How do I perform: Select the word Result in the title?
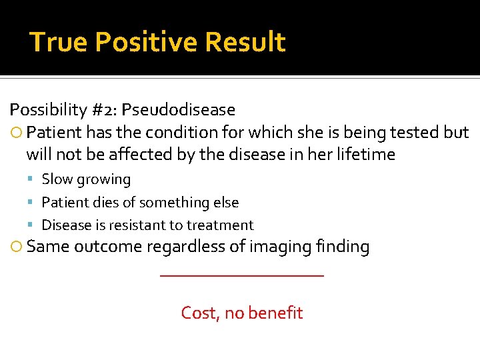(x=245, y=42)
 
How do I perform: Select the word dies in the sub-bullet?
(x=109, y=202)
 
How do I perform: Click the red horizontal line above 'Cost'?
(x=241, y=276)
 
